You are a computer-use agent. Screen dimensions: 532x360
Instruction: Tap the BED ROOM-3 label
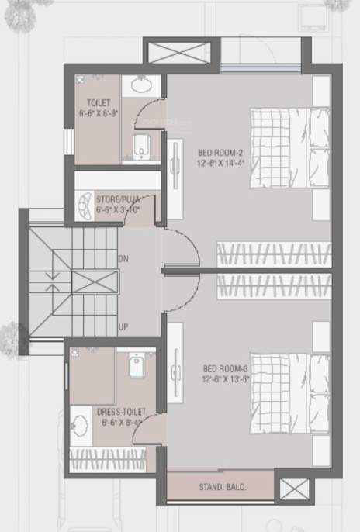221,368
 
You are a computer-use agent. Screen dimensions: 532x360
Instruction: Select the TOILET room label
99,102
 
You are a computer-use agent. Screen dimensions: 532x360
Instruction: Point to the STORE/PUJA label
118,199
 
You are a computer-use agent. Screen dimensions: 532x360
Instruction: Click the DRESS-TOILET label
117,413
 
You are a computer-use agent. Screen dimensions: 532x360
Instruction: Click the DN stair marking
123,257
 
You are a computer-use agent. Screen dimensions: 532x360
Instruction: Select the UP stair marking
123,327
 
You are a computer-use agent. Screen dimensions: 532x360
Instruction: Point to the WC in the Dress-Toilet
137,364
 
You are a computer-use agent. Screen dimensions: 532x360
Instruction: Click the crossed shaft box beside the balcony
294,489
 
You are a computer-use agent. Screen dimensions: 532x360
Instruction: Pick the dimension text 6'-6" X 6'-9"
99,112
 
